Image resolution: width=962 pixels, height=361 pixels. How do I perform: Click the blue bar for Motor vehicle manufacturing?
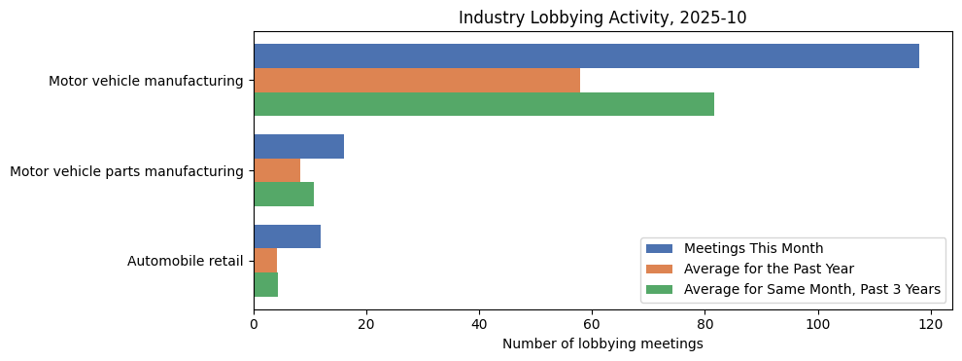tap(586, 56)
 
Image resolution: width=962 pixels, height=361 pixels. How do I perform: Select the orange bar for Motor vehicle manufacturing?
tap(417, 80)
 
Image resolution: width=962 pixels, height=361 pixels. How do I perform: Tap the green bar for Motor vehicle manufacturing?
tap(484, 104)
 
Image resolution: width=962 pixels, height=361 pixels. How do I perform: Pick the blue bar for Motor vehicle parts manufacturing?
tap(298, 146)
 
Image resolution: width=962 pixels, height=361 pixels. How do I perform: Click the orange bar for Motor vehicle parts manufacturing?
tap(277, 170)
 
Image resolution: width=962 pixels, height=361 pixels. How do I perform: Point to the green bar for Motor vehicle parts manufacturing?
tap(284, 195)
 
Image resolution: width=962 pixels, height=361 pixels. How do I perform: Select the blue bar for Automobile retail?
tap(287, 236)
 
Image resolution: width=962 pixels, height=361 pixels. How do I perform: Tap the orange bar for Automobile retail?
tap(265, 261)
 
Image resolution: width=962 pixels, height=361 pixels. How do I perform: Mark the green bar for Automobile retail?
tap(265, 284)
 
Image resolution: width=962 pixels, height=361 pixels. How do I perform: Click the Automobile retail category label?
tap(185, 261)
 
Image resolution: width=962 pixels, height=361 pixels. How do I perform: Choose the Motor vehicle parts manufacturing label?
tap(126, 171)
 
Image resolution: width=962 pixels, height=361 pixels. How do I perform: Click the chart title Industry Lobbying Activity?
tap(602, 18)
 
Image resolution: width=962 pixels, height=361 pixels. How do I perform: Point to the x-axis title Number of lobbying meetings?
tap(602, 343)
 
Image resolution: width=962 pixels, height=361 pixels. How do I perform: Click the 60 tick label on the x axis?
tap(592, 324)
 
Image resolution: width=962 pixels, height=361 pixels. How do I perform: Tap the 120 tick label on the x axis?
tap(930, 324)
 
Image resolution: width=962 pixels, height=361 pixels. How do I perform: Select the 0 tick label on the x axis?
tap(254, 324)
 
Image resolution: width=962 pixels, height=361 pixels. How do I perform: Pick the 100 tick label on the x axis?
tap(817, 324)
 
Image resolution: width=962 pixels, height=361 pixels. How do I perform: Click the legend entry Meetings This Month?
tap(753, 248)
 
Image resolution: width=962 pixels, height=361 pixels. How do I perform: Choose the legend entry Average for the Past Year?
tap(769, 269)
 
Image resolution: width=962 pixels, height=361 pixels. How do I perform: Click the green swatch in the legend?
tap(661, 289)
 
